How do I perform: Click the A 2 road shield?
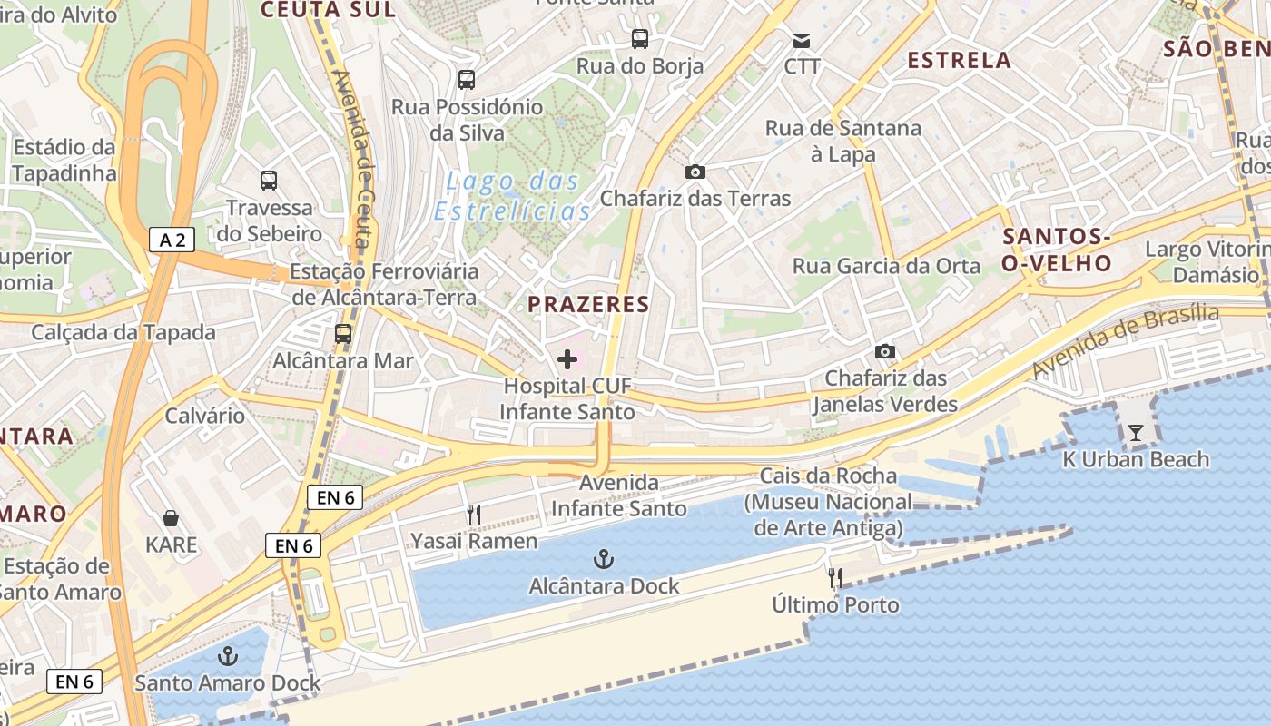pos(172,240)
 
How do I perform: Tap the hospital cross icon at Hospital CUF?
pos(567,359)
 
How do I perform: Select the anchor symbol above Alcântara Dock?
pos(602,559)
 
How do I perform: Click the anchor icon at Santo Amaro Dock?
pos(228,656)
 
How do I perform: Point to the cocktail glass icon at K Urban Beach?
pos(1136,432)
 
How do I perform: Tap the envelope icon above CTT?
pos(802,41)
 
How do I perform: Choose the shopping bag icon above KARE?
pos(171,518)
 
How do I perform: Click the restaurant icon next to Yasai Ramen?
pos(473,515)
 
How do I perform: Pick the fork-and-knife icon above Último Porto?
pos(835,577)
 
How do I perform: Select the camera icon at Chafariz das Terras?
pos(695,172)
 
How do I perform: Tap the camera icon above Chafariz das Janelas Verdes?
pos(885,351)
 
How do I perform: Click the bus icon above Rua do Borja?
pos(640,38)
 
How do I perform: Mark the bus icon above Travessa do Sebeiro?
pos(269,180)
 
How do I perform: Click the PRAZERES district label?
pos(589,304)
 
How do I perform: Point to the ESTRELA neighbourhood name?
pos(960,60)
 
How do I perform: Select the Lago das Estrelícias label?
pos(513,196)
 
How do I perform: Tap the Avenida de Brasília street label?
pos(1126,341)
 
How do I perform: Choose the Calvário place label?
pos(205,416)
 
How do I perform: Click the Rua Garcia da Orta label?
pos(887,266)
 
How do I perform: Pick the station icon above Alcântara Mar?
pos(343,333)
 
